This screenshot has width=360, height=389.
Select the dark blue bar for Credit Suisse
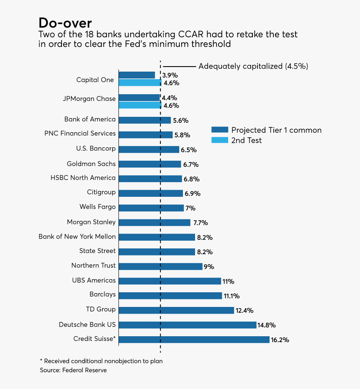pyautogui.click(x=194, y=340)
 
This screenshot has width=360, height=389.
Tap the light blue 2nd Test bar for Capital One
pyautogui.click(x=140, y=83)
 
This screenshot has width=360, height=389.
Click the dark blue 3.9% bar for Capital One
pyautogui.click(x=137, y=75)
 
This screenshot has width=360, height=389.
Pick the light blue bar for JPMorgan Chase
pyautogui.click(x=140, y=105)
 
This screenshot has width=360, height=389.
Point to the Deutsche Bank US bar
pyautogui.click(x=188, y=325)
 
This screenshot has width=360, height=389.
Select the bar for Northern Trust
pyautogui.click(x=161, y=266)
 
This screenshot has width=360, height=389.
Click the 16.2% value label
pyautogui.click(x=280, y=340)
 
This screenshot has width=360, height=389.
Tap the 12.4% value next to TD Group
pyautogui.click(x=244, y=311)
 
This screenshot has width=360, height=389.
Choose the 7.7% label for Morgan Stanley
pyautogui.click(x=201, y=223)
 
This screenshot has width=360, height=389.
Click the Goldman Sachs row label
pyautogui.click(x=91, y=164)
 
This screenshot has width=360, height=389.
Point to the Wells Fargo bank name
pyautogui.click(x=98, y=207)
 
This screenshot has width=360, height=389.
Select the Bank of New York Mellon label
pyautogui.click(x=77, y=237)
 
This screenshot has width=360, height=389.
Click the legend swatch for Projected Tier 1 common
pyautogui.click(x=219, y=130)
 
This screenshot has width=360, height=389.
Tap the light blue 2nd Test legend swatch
pyautogui.click(x=219, y=140)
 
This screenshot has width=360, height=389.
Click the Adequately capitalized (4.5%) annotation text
pyautogui.click(x=253, y=66)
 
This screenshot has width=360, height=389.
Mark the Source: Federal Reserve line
pyautogui.click(x=73, y=370)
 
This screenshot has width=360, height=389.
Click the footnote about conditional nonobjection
pyautogui.click(x=101, y=361)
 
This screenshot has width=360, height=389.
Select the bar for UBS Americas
pyautogui.click(x=170, y=281)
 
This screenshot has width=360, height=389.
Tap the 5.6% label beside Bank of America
pyautogui.click(x=180, y=121)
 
